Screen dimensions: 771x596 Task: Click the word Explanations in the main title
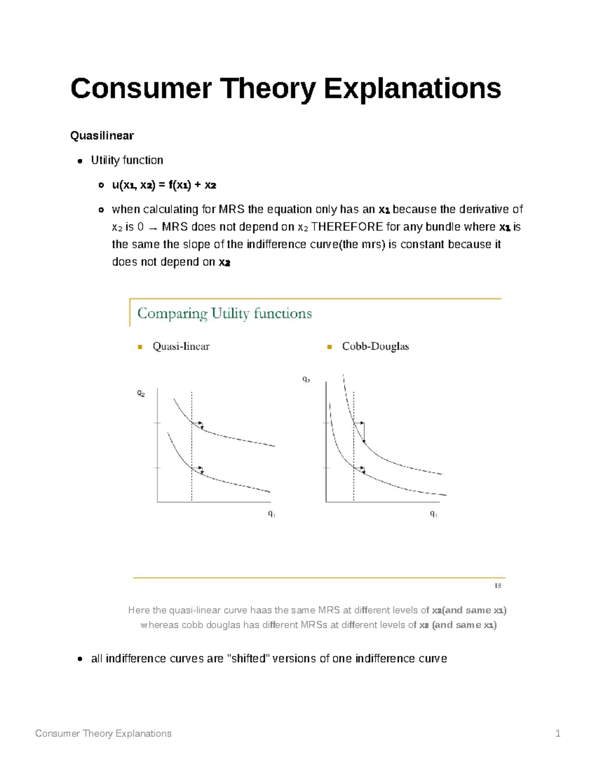[412, 88]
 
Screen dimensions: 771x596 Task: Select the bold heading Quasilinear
[102, 136]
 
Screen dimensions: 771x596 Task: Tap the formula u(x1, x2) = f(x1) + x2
[164, 185]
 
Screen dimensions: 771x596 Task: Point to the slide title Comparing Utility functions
[224, 313]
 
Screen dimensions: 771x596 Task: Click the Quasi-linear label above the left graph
[181, 347]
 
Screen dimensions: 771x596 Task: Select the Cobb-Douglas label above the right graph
[375, 347]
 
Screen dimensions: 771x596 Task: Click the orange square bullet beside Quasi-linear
[140, 347]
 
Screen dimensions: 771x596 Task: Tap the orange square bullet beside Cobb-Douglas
[329, 347]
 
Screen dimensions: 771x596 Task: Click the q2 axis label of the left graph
[141, 394]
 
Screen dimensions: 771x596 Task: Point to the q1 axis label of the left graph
[272, 514]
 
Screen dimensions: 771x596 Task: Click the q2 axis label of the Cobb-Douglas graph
[306, 380]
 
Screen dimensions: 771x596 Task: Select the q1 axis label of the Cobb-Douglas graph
[434, 514]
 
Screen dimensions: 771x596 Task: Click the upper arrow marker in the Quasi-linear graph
[200, 424]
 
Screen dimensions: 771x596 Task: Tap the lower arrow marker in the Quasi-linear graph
[200, 469]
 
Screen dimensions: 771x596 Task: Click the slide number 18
[497, 586]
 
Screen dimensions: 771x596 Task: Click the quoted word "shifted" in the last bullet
[248, 659]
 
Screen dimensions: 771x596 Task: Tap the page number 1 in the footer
[558, 733]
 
